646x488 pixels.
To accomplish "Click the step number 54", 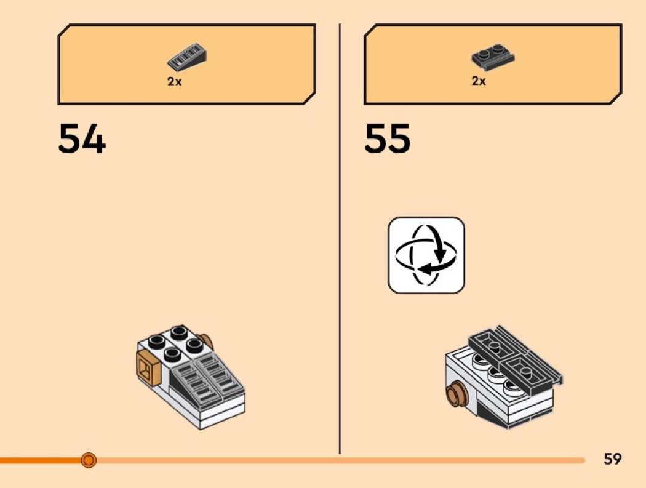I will tap(82, 140).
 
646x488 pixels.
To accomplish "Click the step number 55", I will tap(388, 140).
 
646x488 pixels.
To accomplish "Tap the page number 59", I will tap(612, 458).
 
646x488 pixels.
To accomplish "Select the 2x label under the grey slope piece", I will tap(175, 82).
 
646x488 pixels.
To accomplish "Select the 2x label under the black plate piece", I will tap(479, 81).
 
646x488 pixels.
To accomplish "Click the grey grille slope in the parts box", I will tap(186, 57).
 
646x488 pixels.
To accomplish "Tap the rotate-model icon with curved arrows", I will tap(426, 255).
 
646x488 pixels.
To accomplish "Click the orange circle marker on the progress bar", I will tap(89, 460).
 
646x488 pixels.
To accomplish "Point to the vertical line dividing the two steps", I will tap(340, 246).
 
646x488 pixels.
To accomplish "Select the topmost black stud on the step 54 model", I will tap(179, 332).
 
